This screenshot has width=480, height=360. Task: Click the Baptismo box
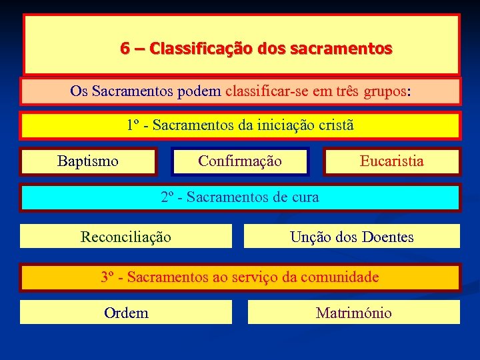[87, 161]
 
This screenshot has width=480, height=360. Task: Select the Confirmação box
[240, 161]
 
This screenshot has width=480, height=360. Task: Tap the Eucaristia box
[392, 161]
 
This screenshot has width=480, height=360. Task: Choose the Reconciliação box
[126, 237]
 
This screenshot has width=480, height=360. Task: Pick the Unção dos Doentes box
[352, 237]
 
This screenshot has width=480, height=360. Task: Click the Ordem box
[126, 313]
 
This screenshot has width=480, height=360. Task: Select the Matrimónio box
[354, 313]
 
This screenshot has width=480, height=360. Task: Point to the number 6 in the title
[125, 49]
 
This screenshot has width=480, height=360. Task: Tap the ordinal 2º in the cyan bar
[167, 197]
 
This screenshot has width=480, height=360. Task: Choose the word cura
[305, 197]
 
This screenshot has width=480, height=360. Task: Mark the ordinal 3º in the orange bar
[107, 277]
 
